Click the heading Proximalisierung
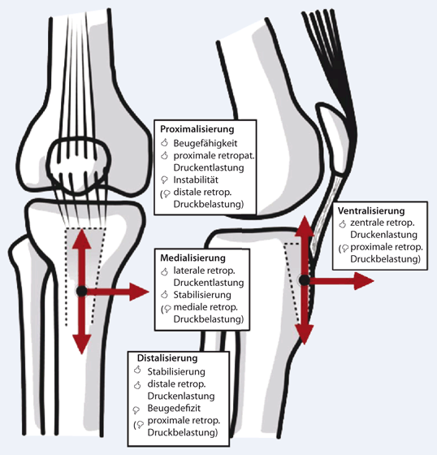[197, 129]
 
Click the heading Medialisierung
[193, 258]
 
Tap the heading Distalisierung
[167, 357]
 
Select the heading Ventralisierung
[371, 210]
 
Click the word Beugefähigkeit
[206, 143]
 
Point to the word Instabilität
[196, 180]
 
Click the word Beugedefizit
[174, 408]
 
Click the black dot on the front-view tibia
[81, 291]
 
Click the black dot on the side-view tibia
[304, 280]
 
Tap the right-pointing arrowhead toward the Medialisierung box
[139, 292]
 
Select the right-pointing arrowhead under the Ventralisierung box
[365, 281]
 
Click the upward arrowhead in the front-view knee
[82, 239]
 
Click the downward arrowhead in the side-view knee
[305, 335]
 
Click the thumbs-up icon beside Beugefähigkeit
[165, 143]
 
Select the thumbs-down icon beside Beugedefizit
[136, 409]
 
